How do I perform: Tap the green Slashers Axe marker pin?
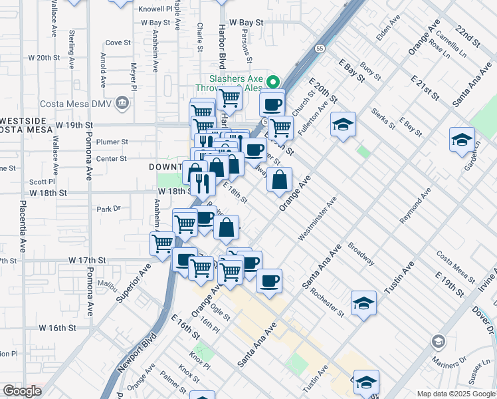(x=272, y=82)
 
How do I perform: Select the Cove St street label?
(x=118, y=42)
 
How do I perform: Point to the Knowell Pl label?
(x=155, y=9)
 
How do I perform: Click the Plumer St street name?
(x=112, y=142)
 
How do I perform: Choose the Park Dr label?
(x=108, y=209)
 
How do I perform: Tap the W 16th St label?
(x=58, y=328)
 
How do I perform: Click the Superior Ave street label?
(x=134, y=281)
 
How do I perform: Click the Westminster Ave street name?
(x=318, y=219)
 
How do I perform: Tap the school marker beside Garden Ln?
(x=462, y=140)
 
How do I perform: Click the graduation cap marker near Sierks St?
(x=343, y=124)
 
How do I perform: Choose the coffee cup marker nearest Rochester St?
(x=269, y=281)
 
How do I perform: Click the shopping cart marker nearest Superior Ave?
(x=162, y=243)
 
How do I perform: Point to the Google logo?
(x=22, y=391)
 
